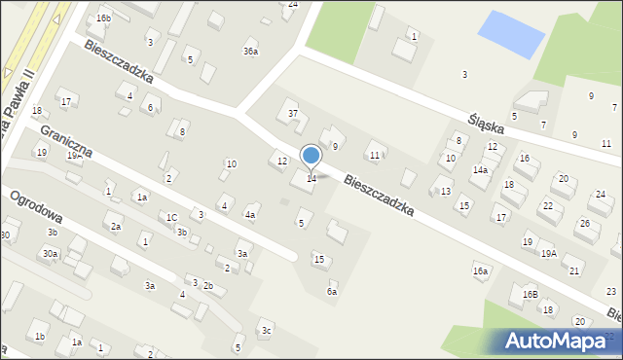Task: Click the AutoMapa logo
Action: [x=560, y=342]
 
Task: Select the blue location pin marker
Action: [x=311, y=157]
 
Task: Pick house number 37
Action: [x=292, y=114]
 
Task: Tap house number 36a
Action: [x=251, y=52]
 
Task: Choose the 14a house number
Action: [x=480, y=169]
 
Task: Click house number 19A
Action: [x=549, y=253]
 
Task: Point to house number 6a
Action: [x=332, y=291]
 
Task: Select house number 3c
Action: [x=266, y=330]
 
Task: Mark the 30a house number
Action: [x=49, y=253]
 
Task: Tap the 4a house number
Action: [x=250, y=215]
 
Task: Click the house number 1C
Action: [x=171, y=217]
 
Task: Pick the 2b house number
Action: [x=207, y=285]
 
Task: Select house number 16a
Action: [x=480, y=270]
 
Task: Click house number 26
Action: [x=582, y=224]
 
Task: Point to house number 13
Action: [x=445, y=192]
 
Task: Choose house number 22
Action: [x=548, y=206]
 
